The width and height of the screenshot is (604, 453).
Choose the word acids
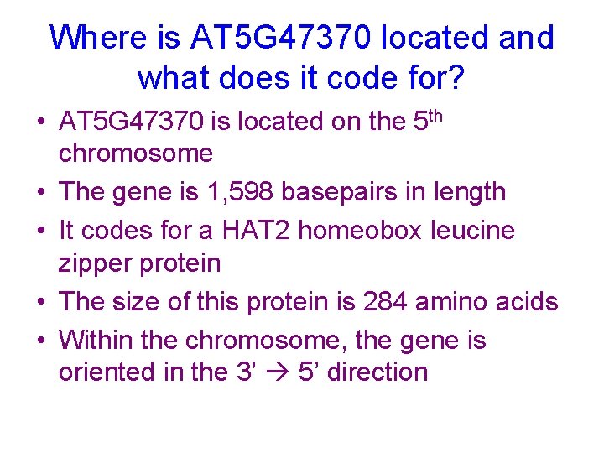click(x=529, y=301)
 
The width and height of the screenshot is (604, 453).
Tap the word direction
click(x=377, y=372)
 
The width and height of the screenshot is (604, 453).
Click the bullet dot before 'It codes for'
click(x=40, y=231)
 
